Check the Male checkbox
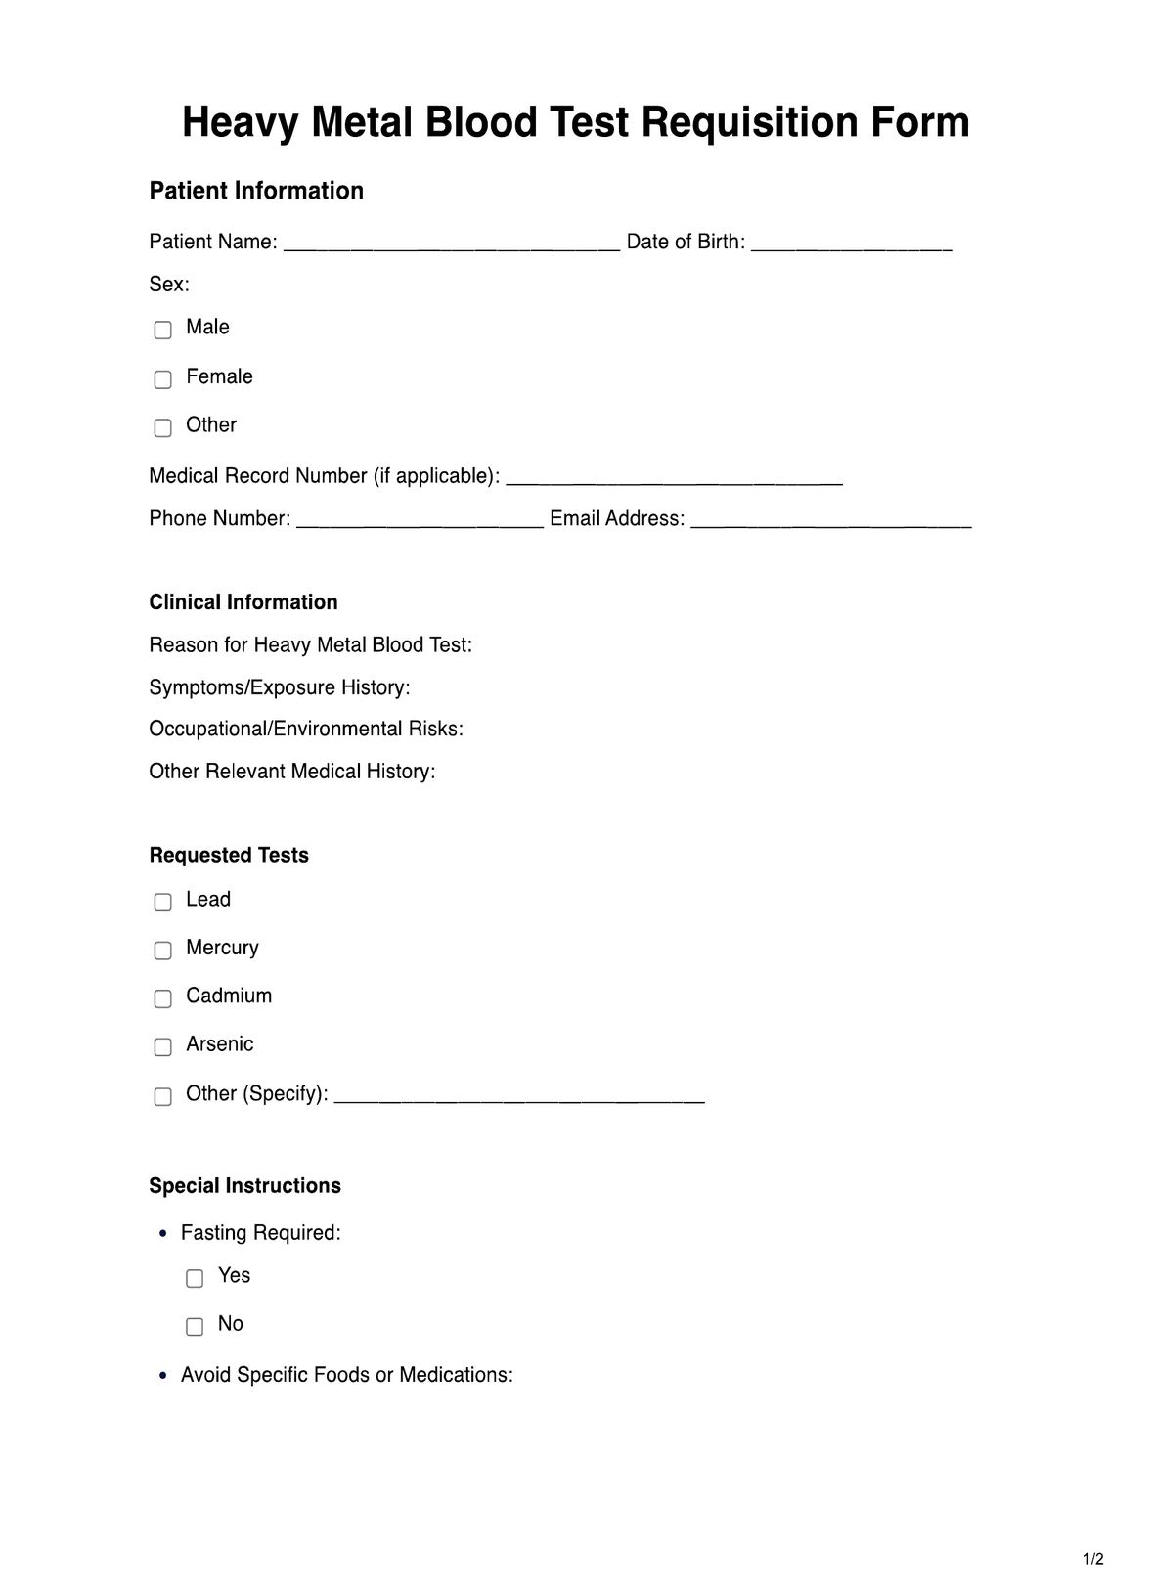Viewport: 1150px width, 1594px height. [163, 330]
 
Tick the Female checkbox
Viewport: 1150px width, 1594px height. [163, 378]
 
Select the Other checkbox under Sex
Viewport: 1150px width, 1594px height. [163, 427]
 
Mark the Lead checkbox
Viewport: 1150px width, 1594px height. [163, 902]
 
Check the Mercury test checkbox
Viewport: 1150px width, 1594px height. [163, 950]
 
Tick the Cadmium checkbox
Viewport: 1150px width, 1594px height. [163, 998]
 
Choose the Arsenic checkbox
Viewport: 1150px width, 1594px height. [163, 1046]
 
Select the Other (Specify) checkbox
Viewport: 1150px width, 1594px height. [163, 1096]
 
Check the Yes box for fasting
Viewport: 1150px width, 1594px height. [195, 1278]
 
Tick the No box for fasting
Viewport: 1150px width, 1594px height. [195, 1326]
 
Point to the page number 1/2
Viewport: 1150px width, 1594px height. [1093, 1559]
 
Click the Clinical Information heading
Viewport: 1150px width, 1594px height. [243, 602]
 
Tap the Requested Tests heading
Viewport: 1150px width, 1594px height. [229, 856]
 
